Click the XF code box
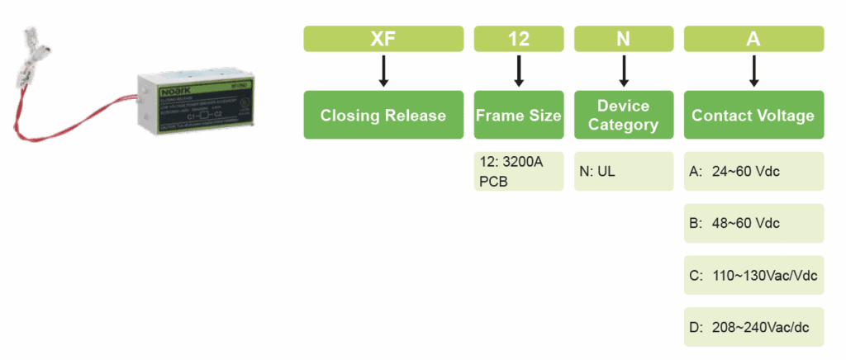pos(383,39)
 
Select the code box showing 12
pos(519,39)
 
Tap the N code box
pos(624,39)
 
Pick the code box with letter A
pos(753,39)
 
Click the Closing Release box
pos(383,115)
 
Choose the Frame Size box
pos(519,115)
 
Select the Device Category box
pos(624,115)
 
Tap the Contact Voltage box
pos(753,115)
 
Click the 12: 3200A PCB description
pos(519,171)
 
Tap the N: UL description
pos(624,171)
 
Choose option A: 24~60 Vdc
pos(753,172)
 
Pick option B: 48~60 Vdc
pos(753,223)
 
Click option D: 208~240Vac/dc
pos(753,328)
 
